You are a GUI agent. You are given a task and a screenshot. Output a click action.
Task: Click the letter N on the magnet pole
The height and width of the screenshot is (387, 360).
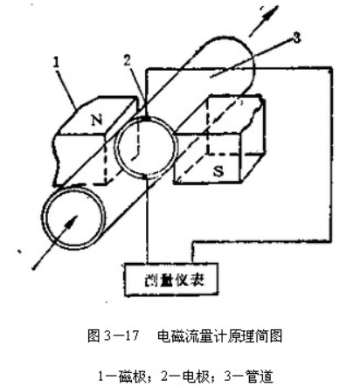click(x=97, y=120)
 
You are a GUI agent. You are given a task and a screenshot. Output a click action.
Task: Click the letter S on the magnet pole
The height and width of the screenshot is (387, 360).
click(x=218, y=171)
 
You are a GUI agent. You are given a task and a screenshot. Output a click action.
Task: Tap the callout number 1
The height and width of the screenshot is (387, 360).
click(x=56, y=62)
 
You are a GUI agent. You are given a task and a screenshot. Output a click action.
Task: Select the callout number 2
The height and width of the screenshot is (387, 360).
click(x=127, y=60)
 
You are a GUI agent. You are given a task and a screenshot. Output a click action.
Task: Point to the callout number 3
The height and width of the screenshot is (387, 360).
click(x=296, y=38)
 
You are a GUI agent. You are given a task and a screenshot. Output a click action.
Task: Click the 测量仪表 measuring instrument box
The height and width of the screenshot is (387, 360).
click(x=171, y=280)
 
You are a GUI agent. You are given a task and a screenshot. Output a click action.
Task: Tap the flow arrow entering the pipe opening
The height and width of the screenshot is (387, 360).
click(x=55, y=242)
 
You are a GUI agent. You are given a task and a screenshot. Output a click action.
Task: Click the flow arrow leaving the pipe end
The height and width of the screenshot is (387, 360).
click(x=264, y=21)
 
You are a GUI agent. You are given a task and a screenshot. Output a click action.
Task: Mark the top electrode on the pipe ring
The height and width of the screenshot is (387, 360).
click(x=146, y=119)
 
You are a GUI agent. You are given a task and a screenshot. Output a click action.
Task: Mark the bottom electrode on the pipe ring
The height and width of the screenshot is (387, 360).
click(x=147, y=176)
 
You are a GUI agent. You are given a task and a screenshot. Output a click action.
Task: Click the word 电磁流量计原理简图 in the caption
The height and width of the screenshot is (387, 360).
click(x=220, y=336)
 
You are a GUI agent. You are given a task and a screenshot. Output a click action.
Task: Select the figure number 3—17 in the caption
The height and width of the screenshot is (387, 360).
click(x=121, y=336)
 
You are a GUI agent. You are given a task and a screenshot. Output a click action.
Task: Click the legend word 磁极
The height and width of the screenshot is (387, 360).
click(x=133, y=377)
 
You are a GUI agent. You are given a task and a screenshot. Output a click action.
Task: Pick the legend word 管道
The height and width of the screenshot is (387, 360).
click(x=260, y=377)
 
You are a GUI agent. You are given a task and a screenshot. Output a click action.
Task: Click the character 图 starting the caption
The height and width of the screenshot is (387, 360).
click(x=93, y=336)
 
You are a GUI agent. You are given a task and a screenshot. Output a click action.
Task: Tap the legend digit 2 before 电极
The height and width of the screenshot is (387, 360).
click(x=164, y=377)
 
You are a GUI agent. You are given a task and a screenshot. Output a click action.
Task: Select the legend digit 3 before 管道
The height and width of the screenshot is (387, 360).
click(x=228, y=377)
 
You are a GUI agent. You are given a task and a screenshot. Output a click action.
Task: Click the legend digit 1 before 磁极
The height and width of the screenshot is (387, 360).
click(x=100, y=377)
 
